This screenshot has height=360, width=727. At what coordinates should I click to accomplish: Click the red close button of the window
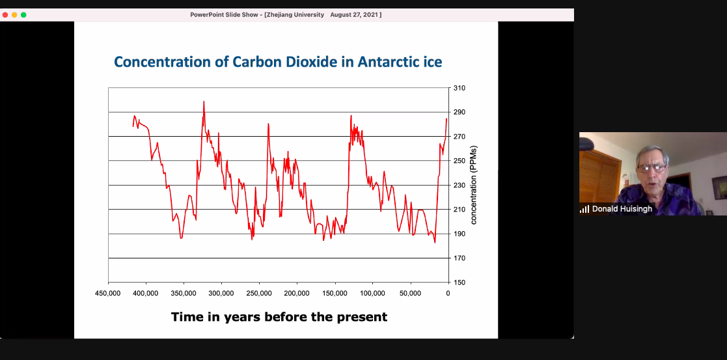5,14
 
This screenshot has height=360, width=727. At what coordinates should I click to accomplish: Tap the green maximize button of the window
23,14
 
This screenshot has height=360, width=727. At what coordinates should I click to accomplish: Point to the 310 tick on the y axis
459,88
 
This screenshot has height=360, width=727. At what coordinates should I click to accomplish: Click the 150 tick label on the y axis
459,283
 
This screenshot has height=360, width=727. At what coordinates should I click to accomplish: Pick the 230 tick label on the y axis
459,186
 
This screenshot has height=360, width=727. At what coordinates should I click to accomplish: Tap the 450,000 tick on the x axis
108,294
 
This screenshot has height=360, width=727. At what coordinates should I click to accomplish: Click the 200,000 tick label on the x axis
297,294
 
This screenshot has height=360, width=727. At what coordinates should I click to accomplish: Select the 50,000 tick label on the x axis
410,294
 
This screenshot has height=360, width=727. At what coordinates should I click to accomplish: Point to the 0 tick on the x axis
448,294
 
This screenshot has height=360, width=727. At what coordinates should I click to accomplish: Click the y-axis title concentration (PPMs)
474,186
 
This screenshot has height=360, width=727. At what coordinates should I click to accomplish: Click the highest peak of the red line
204,102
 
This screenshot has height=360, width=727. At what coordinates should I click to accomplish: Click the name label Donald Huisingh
622,209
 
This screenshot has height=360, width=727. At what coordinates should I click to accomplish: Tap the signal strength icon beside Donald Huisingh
584,209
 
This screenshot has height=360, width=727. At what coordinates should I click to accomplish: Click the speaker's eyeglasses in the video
651,168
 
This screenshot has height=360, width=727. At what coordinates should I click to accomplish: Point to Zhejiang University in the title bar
295,14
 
